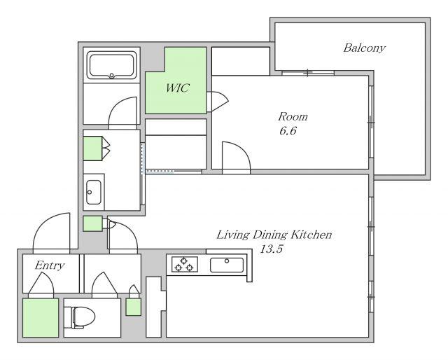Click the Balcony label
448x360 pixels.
tap(364, 48)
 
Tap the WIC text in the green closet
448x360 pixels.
tap(177, 88)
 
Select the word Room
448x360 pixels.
tap(293, 116)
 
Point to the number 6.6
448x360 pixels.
tap(288, 131)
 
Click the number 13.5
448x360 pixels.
tap(271, 249)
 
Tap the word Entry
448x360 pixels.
tap(50, 265)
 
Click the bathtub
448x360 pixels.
tap(112, 65)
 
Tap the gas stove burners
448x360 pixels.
tap(185, 264)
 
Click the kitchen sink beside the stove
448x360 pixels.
tap(227, 265)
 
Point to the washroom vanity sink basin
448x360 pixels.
tap(93, 192)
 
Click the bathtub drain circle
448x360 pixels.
tap(111, 76)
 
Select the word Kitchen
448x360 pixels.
tap(311, 235)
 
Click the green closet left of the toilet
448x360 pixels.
tap(41, 318)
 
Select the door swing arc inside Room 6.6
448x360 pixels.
tap(241, 151)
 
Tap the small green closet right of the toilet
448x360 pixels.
tap(134, 307)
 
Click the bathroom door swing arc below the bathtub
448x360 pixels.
tap(117, 104)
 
